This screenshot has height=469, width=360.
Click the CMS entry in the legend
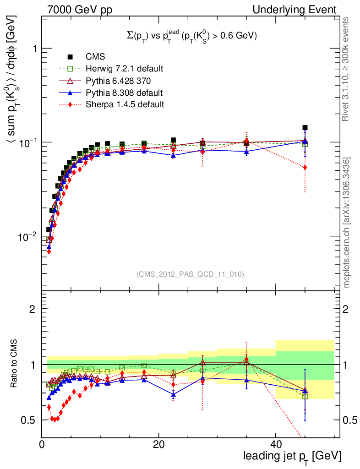tap(95, 57)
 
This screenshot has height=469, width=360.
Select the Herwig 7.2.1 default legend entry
tap(124, 69)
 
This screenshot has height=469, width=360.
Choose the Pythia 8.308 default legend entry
tap(124, 93)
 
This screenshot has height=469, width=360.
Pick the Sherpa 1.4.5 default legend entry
tap(125, 104)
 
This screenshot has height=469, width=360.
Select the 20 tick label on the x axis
tap(158, 444)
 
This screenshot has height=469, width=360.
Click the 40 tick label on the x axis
tap(275, 444)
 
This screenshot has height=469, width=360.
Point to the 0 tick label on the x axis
tap(42, 444)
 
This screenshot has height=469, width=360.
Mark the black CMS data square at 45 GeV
tap(305, 128)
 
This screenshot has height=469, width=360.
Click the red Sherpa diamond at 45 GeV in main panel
tap(305, 168)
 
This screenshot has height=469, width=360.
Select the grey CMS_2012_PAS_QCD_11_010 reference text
tap(190, 274)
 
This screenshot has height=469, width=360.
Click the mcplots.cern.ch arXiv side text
tap(347, 223)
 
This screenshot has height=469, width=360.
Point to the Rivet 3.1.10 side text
tap(347, 70)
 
